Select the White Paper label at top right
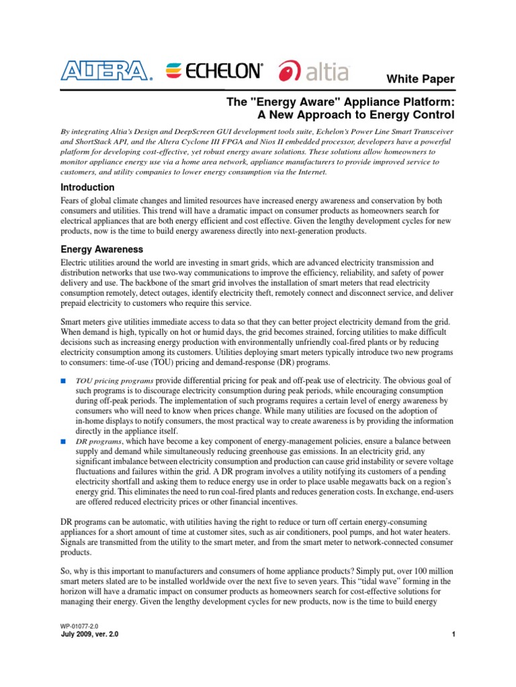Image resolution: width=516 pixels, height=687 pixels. tap(419, 79)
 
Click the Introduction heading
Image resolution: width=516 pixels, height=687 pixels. tap(87, 187)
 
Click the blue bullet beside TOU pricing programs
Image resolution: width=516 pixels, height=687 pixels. tap(64, 380)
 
